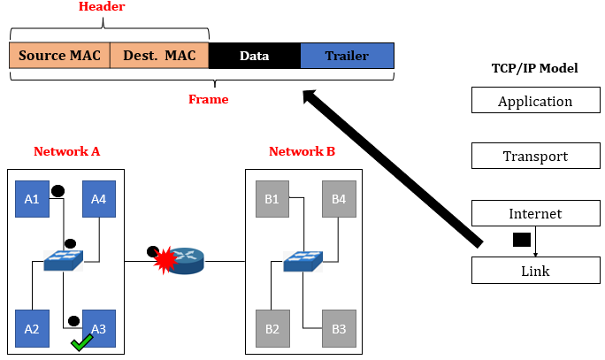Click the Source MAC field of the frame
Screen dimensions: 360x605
[59, 56]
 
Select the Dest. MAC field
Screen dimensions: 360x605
[159, 56]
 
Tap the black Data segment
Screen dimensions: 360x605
[255, 56]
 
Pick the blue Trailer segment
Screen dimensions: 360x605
[347, 56]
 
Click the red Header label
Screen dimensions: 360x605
[102, 7]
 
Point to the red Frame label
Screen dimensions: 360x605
[208, 100]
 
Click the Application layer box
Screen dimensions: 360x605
[535, 101]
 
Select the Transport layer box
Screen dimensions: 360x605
[535, 157]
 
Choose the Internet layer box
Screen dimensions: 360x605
[535, 214]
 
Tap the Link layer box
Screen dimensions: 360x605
[535, 271]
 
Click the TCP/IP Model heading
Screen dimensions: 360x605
[534, 69]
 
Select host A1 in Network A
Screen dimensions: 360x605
[32, 199]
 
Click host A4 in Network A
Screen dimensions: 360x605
[99, 199]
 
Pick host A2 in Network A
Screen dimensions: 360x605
[32, 328]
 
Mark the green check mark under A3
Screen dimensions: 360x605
[82, 342]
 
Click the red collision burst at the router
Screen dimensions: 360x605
[165, 261]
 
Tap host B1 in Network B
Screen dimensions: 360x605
[272, 199]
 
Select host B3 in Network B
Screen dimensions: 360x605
[339, 328]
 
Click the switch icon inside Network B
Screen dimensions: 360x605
[303, 261]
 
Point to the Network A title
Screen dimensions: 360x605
[66, 151]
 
